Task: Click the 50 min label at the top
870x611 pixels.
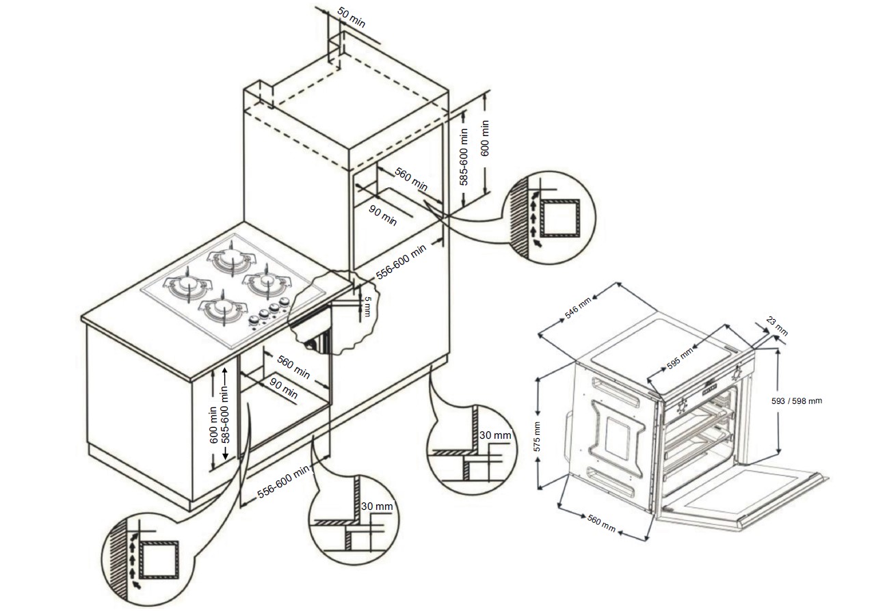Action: (x=352, y=20)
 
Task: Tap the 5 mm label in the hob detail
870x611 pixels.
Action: (x=367, y=305)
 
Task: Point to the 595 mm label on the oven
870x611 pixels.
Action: (x=680, y=358)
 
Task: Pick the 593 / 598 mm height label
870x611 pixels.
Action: (x=796, y=401)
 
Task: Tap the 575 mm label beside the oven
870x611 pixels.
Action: (x=538, y=435)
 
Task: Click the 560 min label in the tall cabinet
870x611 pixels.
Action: (x=411, y=180)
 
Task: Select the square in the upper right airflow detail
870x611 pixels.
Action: (x=560, y=217)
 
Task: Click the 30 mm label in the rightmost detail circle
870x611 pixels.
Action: (x=495, y=435)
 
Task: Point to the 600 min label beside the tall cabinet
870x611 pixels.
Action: (x=485, y=139)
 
